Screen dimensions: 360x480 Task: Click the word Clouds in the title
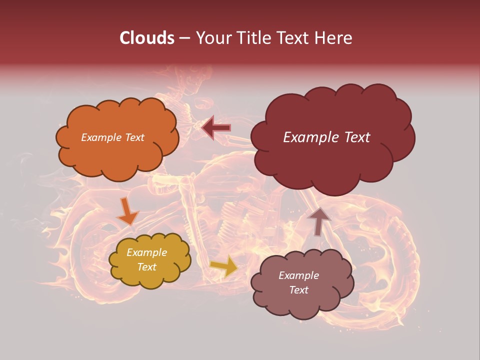(146, 38)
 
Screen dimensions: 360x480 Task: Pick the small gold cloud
(149, 260)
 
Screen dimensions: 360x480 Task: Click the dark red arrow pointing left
(216, 128)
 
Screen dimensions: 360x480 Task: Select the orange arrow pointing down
(127, 211)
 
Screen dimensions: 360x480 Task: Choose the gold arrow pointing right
(223, 266)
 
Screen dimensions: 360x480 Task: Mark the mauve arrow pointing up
(318, 221)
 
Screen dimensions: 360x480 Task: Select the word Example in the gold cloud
(146, 252)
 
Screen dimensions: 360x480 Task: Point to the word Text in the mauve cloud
(298, 290)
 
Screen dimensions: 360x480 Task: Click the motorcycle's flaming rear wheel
(95, 250)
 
